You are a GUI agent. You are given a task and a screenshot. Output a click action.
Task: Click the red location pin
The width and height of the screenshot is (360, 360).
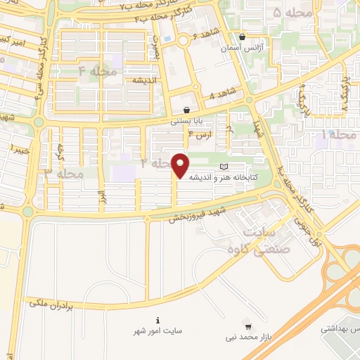(x=181, y=165)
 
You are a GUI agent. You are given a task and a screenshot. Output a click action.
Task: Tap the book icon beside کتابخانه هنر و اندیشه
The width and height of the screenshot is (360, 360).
(x=224, y=167)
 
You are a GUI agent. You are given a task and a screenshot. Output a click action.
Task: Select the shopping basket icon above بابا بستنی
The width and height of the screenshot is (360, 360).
(x=186, y=110)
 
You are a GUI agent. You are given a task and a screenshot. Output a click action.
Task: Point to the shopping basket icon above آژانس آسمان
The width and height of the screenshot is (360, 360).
(x=242, y=38)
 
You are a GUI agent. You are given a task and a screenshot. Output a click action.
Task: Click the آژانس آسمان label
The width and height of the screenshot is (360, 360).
(x=242, y=49)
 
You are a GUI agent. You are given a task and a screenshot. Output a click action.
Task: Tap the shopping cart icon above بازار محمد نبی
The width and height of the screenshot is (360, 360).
(x=247, y=326)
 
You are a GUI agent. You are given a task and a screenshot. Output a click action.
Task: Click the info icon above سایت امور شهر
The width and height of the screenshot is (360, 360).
(x=157, y=319)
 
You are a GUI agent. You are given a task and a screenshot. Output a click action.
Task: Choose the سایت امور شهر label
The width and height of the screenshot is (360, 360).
(x=157, y=330)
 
